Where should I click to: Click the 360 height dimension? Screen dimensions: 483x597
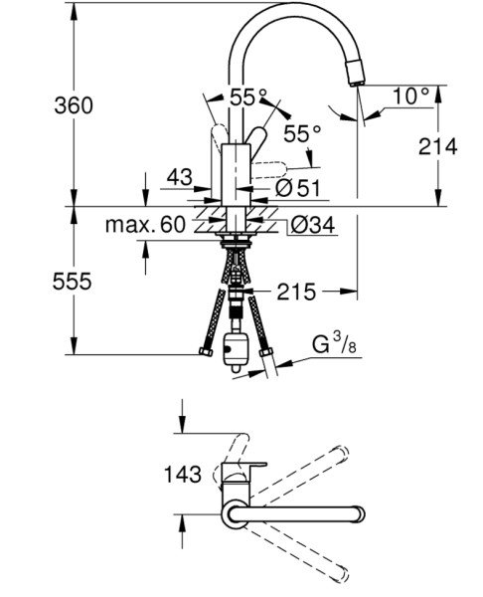click(74, 105)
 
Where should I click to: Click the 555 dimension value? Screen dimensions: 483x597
click(73, 282)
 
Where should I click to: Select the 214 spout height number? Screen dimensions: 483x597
click(437, 146)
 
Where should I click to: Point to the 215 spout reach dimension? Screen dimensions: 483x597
click(296, 292)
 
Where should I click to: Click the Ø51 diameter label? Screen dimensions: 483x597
click(298, 188)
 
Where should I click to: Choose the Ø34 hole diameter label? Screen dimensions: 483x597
click(313, 225)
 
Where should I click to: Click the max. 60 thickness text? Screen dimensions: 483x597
click(145, 225)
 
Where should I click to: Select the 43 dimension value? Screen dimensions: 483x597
click(180, 177)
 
